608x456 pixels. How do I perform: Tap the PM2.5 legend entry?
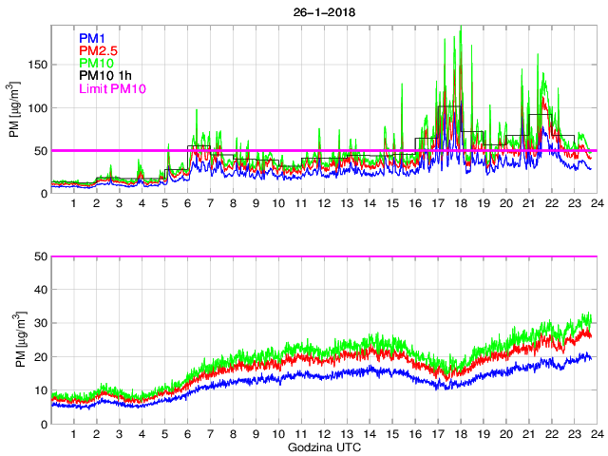click(98, 50)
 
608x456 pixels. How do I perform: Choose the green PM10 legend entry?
click(97, 64)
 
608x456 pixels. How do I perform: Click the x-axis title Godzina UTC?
click(323, 446)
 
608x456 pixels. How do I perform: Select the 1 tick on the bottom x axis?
click(74, 434)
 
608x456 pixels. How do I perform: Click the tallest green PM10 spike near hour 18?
click(461, 28)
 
